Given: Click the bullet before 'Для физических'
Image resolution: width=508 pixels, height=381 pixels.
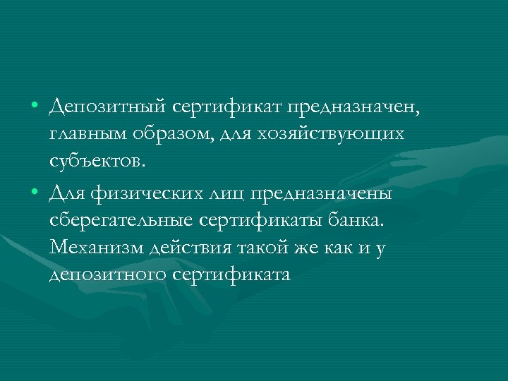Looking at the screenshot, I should (35, 192).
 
